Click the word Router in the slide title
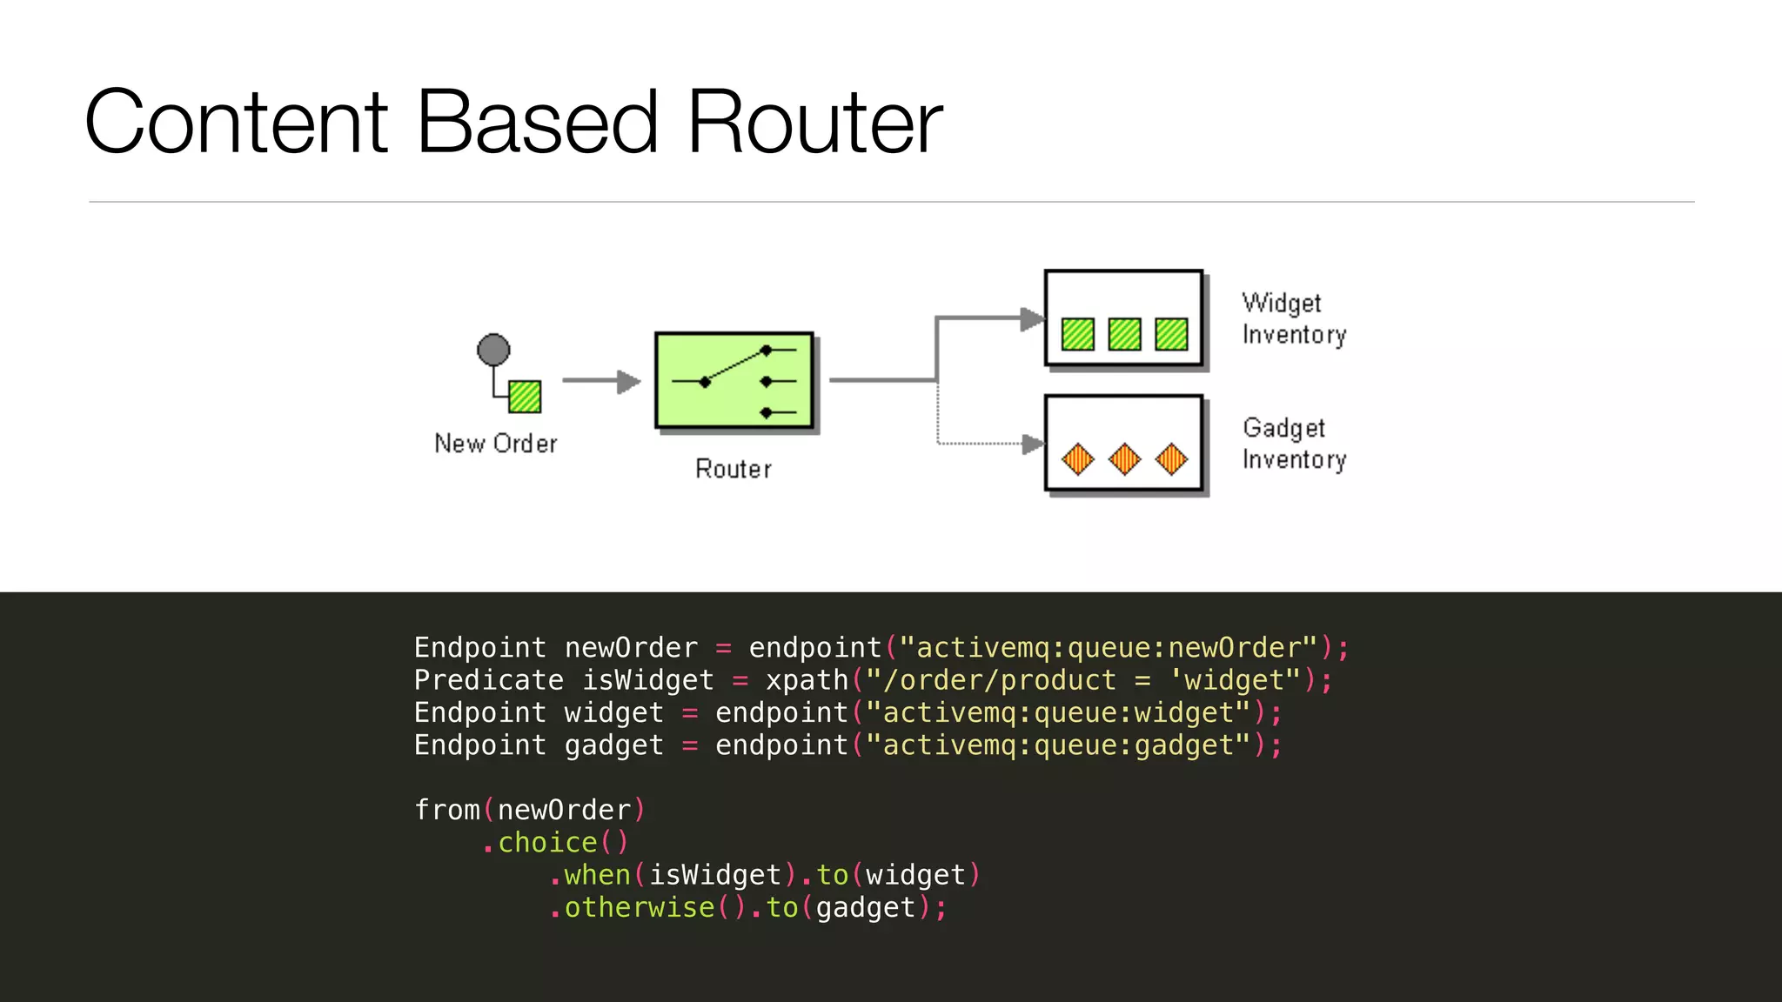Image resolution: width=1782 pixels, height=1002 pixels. [x=814, y=124]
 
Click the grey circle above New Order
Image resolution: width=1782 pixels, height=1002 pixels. [x=493, y=350]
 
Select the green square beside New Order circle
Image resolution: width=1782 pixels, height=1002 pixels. [x=525, y=397]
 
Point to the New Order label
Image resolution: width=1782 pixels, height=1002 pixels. [x=495, y=444]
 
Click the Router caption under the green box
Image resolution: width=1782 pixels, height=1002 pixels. [x=733, y=470]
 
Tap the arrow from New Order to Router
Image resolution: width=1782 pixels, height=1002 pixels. [x=601, y=381]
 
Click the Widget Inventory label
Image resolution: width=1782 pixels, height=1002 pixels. [x=1293, y=318]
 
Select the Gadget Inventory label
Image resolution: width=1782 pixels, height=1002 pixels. [x=1293, y=444]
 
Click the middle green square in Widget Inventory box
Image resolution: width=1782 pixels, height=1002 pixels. [x=1124, y=334]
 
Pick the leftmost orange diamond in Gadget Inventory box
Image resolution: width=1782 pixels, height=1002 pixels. [x=1078, y=458]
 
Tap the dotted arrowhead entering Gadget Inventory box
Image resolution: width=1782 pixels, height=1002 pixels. [x=1033, y=444]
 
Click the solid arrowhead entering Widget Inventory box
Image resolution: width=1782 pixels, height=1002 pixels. [x=1032, y=319]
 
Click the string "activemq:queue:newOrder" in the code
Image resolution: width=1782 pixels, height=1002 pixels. [x=1109, y=648]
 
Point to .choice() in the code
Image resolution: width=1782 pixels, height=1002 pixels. [x=555, y=843]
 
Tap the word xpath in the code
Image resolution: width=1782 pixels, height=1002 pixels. [x=806, y=680]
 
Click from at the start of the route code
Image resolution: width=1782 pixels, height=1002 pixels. [x=446, y=810]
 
